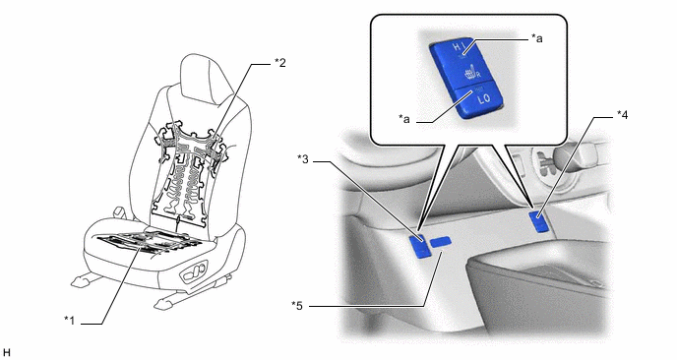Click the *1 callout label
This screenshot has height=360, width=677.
tap(70, 321)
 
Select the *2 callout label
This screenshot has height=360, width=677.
tap(279, 63)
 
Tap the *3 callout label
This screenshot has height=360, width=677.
tap(303, 159)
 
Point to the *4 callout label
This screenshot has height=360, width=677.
tap(622, 115)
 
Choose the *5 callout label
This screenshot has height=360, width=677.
tap(297, 306)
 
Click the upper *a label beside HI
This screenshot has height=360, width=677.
tap(536, 38)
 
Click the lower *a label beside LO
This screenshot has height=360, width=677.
tap(404, 119)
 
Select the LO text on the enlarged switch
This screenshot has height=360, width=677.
tap(483, 98)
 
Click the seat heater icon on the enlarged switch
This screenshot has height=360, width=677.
tap(469, 71)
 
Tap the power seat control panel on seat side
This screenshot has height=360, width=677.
tap(195, 271)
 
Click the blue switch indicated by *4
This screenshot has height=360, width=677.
tap(538, 221)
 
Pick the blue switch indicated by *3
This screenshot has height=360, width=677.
tap(419, 246)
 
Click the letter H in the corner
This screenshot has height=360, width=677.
tap(7, 353)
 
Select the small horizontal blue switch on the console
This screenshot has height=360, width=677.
tap(441, 242)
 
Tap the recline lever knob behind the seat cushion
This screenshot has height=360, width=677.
tap(117, 212)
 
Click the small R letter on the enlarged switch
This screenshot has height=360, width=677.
tap(478, 75)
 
